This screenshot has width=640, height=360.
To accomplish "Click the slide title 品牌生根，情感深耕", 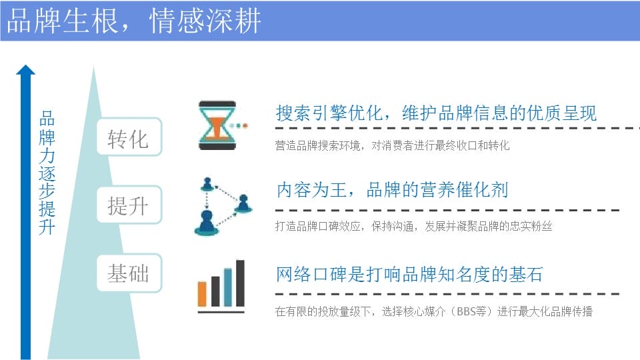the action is (x=134, y=21).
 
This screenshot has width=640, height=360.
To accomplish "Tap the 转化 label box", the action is (x=129, y=137).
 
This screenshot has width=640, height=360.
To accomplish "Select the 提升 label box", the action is (x=129, y=205).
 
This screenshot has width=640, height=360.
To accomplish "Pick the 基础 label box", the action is (x=129, y=273).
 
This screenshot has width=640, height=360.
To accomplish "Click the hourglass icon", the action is (x=217, y=125).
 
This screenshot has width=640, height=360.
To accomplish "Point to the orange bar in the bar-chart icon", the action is (x=202, y=293).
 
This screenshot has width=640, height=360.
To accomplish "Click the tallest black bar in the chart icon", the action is (x=240, y=283).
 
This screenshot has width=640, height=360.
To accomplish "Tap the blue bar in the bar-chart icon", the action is (x=228, y=287).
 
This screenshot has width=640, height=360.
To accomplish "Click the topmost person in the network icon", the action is (x=207, y=185).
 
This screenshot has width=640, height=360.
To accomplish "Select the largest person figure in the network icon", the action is (x=206, y=223).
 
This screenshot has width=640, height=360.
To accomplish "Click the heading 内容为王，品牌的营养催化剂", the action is (x=392, y=190).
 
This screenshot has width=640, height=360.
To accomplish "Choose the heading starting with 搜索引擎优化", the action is (x=436, y=113).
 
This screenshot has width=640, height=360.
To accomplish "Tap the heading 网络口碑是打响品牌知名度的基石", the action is (x=409, y=274).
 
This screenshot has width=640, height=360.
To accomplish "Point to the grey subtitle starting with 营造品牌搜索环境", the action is (x=392, y=145).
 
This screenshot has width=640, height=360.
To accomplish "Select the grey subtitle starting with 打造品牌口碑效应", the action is (x=413, y=226).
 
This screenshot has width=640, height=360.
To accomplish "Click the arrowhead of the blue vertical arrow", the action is (x=26, y=70).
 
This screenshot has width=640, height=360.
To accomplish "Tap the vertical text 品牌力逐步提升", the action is (x=47, y=173).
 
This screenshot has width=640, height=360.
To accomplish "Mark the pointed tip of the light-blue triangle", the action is (x=93, y=67).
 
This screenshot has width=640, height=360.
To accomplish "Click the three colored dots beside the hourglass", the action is (x=239, y=126).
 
